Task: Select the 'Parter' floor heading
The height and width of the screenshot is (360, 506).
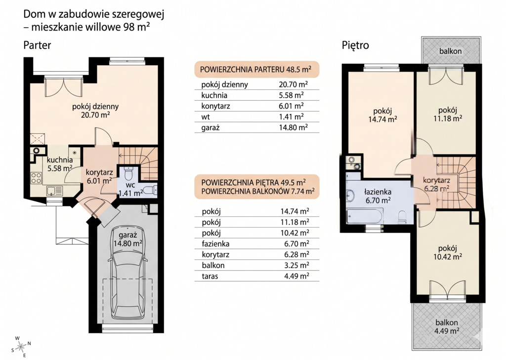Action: pos(37,45)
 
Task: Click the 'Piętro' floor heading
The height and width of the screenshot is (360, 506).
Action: pos(355,45)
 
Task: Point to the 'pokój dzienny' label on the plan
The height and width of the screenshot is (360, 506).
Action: pos(95,107)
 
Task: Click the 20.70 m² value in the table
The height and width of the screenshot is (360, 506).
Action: pos(293,84)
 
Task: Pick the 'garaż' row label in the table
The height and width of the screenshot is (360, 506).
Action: pos(211,127)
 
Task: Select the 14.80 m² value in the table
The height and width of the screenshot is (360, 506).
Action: pos(293,127)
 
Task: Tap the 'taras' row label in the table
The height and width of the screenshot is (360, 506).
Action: pos(210,276)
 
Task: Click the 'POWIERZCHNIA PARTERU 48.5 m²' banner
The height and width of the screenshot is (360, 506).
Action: pos(256,69)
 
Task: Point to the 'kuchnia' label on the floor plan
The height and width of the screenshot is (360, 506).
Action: pos(60,160)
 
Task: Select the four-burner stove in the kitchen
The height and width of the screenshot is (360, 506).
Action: pos(36,178)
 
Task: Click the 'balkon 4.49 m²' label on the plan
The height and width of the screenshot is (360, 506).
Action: pos(447,326)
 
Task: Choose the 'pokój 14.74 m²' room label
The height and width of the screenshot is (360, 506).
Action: pos(383,115)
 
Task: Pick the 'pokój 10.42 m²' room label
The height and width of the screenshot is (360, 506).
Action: pos(448,252)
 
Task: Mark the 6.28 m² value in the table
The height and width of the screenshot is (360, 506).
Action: pos(295,254)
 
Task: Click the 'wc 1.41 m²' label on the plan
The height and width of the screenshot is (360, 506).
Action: pos(130,190)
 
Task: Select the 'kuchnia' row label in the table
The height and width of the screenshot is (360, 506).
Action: pos(214,95)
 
